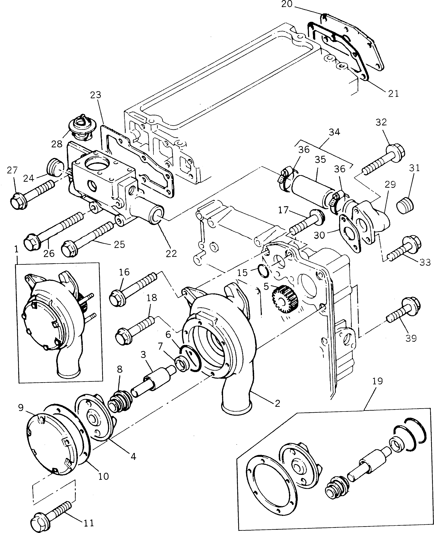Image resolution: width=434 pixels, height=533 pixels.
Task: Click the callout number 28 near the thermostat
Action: pos(57,144)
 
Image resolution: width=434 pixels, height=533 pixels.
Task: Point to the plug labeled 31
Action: pos(405,205)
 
